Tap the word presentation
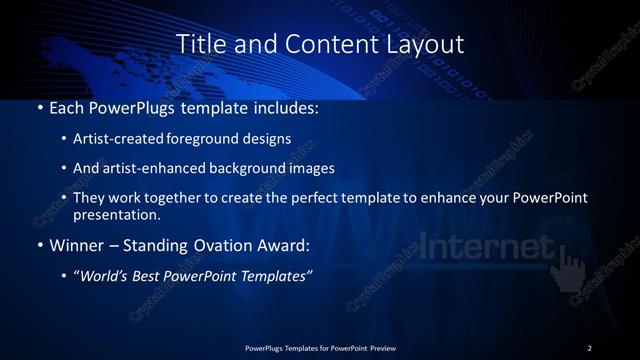118,214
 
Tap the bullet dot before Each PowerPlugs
39,106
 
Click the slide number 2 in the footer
589,347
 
